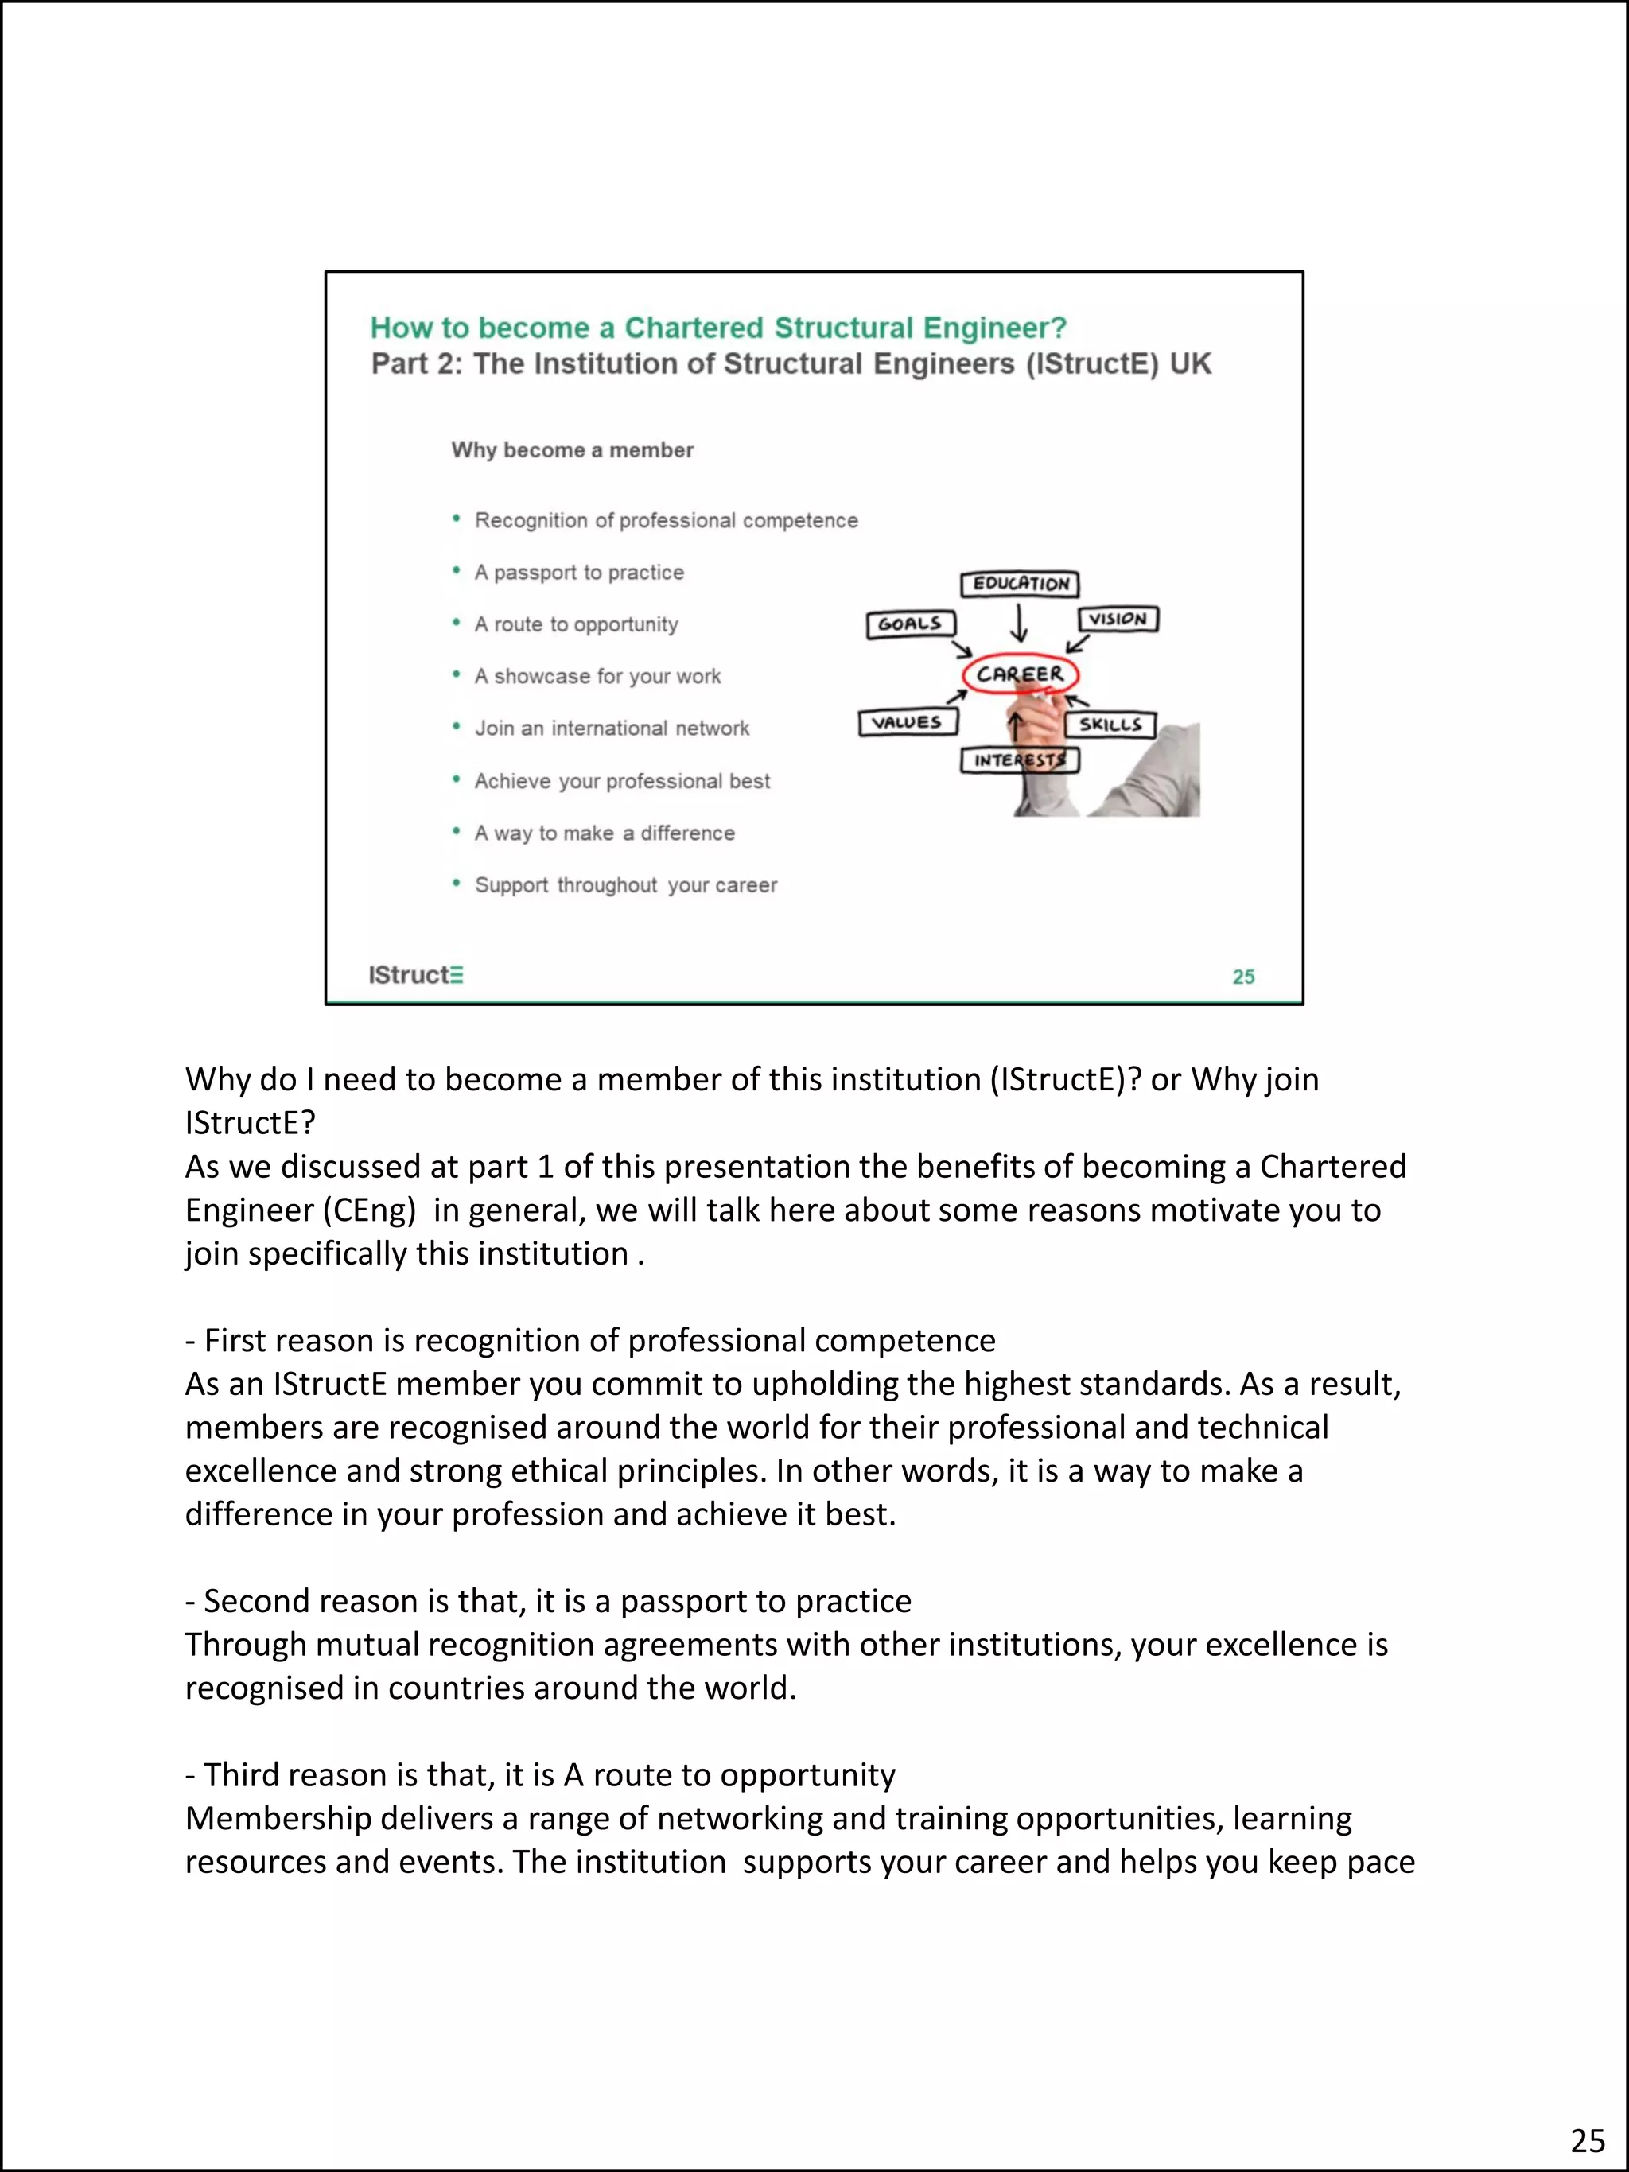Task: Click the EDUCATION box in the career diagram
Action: coord(1019,585)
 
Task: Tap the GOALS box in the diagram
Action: coord(910,624)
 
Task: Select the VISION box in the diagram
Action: coord(1118,619)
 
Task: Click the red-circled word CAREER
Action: coord(1019,674)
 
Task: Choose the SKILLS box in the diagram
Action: coord(1110,725)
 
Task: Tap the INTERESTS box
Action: coord(1019,761)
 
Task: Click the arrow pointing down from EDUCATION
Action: coord(1019,624)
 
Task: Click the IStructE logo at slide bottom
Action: coord(415,975)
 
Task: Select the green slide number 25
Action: coord(1243,977)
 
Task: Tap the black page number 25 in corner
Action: coord(1588,2139)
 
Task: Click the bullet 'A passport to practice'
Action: coord(579,573)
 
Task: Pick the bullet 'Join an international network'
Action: coord(612,729)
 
